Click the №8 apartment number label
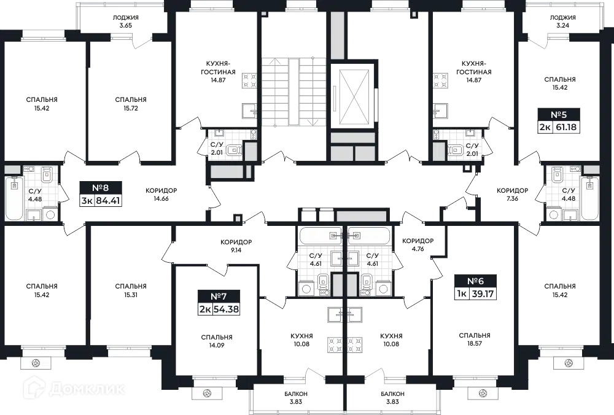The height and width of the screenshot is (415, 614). point(100,187)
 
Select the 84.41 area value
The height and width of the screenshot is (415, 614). point(107,200)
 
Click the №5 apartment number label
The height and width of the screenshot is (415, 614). point(558,114)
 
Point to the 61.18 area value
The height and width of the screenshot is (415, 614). point(567,128)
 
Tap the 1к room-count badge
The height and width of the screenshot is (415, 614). point(460,293)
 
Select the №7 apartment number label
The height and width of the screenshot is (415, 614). point(219,295)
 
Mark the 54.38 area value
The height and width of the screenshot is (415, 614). point(225,309)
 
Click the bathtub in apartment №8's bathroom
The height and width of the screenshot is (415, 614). point(14,198)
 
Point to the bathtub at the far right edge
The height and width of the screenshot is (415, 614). point(590,198)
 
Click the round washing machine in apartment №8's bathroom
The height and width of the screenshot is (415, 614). point(50,214)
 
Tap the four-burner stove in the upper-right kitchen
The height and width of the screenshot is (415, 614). point(441,79)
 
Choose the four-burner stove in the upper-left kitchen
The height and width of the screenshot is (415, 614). point(250,79)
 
